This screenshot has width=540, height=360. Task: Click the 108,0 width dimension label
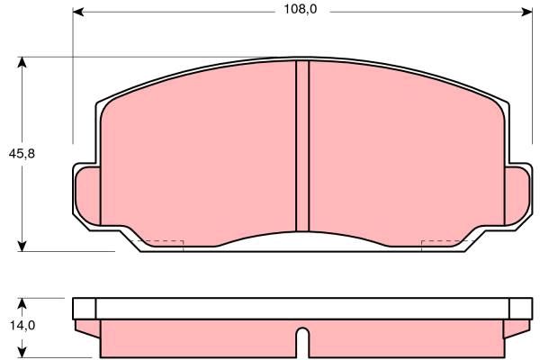pyautogui.click(x=301, y=9)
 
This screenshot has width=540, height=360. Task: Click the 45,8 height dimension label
pyautogui.click(x=22, y=154)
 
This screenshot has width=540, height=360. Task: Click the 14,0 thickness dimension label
pyautogui.click(x=22, y=325)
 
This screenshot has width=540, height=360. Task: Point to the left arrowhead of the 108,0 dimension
pyautogui.click(x=78, y=12)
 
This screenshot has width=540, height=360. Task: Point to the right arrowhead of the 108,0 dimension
pyautogui.click(x=527, y=12)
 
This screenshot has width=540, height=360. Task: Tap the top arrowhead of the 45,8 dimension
pyautogui.click(x=22, y=62)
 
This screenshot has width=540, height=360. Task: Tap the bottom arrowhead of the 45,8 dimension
pyautogui.click(x=22, y=246)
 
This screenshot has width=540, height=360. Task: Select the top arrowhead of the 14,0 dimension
pyautogui.click(x=22, y=303)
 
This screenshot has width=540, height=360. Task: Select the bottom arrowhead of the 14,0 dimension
pyautogui.click(x=22, y=352)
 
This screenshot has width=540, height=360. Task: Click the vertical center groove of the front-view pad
pyautogui.click(x=302, y=146)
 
